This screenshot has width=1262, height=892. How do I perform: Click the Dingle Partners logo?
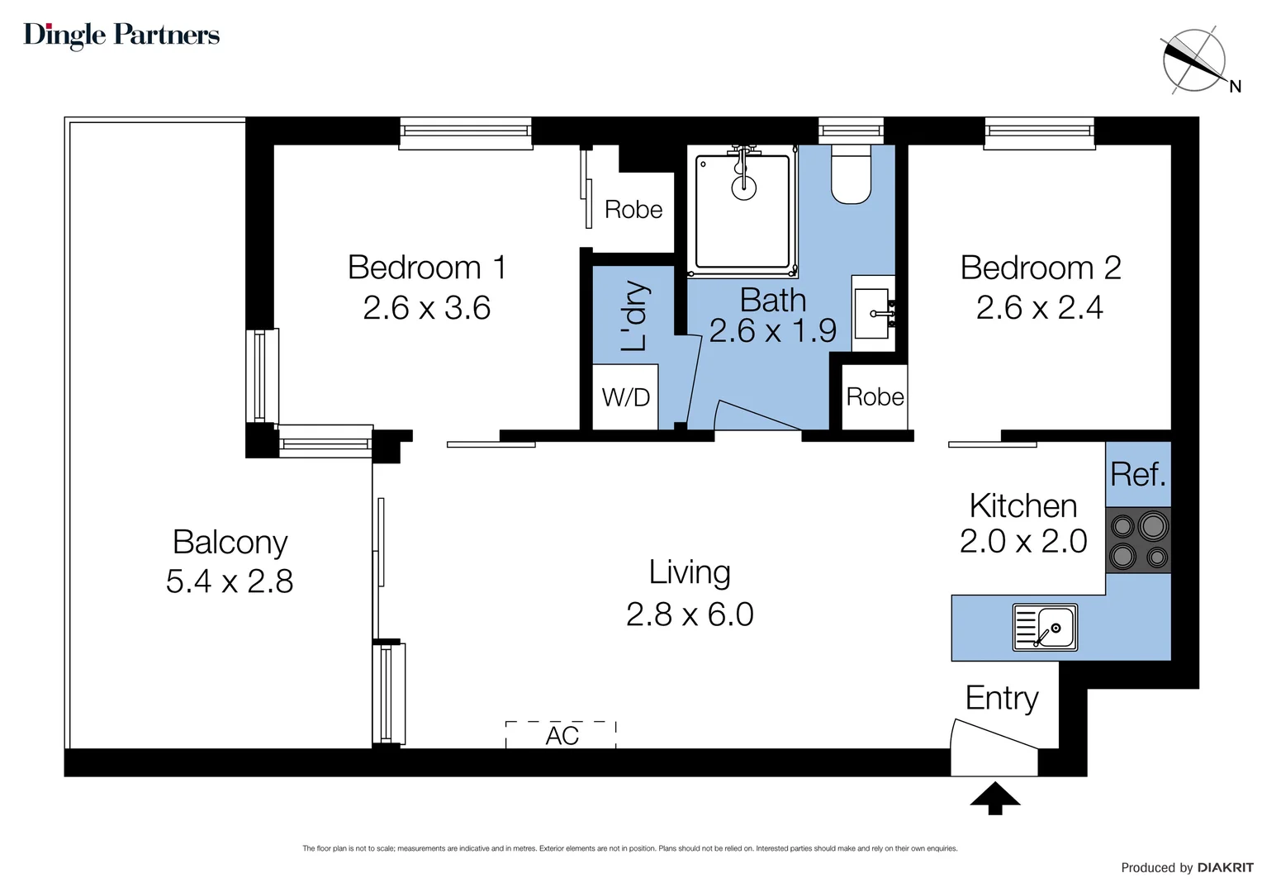(121, 35)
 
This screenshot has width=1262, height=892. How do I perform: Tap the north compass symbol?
(1194, 61)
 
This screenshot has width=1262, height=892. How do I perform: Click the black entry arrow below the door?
(994, 798)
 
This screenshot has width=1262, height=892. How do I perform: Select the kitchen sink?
(1046, 628)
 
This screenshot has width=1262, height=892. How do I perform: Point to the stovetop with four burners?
(1138, 541)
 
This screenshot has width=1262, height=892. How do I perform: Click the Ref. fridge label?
(1138, 475)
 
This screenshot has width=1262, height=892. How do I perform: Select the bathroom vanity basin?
(872, 314)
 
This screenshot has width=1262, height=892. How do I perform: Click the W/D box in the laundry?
(626, 397)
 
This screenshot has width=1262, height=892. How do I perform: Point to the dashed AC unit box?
(561, 734)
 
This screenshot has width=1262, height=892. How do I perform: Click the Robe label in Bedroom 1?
(633, 210)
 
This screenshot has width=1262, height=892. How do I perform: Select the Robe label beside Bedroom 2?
(875, 397)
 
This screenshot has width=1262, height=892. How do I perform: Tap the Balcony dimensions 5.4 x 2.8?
(230, 581)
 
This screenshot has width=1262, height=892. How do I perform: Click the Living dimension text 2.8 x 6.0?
(690, 614)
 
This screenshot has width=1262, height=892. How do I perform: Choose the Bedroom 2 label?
(1041, 268)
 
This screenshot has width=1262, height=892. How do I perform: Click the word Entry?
(1002, 699)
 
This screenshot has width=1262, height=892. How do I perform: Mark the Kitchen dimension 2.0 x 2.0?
(1023, 542)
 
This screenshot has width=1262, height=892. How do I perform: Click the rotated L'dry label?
(634, 316)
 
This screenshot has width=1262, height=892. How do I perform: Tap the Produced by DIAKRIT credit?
(1186, 867)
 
